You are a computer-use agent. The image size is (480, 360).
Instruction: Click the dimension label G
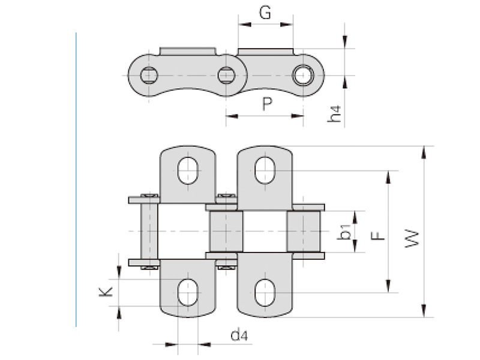click(265, 13)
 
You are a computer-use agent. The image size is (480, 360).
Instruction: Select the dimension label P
click(268, 104)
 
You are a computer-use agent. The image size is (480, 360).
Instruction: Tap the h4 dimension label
click(337, 114)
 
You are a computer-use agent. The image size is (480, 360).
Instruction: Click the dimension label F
click(377, 232)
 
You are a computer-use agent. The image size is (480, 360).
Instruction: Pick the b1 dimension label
click(344, 232)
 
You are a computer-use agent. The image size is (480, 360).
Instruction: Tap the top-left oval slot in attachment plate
click(188, 170)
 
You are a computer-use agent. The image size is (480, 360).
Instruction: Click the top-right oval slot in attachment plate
click(265, 170)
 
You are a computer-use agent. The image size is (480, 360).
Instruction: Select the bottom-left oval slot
click(188, 292)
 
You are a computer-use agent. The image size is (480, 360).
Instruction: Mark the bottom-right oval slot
click(265, 293)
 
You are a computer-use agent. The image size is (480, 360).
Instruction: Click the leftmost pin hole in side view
click(149, 76)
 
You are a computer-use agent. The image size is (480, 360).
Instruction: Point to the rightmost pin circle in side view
click(302, 76)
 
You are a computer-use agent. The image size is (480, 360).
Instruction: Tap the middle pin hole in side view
click(226, 76)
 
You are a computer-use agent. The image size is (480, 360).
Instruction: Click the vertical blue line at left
click(76, 180)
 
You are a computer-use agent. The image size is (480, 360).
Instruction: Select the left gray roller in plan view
click(226, 232)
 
